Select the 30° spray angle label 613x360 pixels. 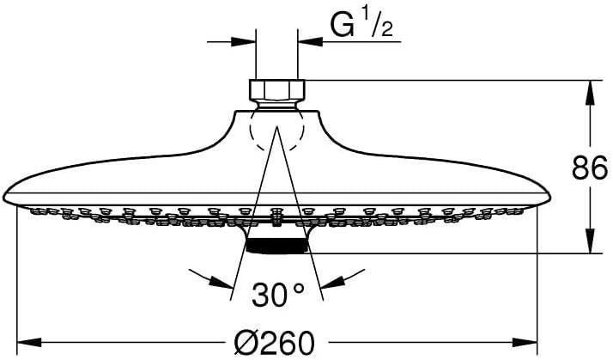(x=277, y=296)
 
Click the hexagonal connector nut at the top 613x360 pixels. (x=276, y=89)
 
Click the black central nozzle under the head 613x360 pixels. (x=276, y=246)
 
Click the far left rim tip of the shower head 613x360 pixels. (x=6, y=194)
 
